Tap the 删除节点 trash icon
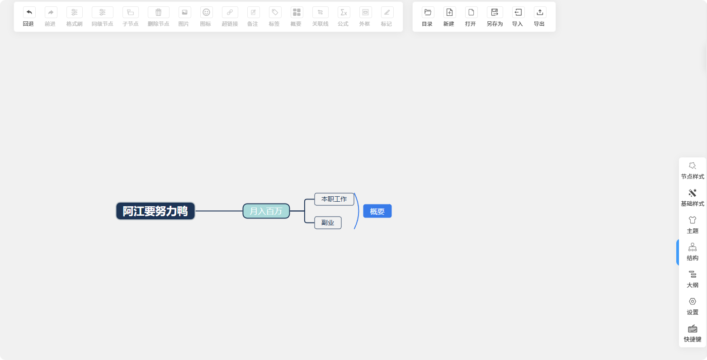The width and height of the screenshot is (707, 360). coord(159,13)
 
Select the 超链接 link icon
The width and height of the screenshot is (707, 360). coord(230,13)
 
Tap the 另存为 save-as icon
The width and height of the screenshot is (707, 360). coord(495,13)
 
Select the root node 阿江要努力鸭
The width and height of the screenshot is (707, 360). coord(156,211)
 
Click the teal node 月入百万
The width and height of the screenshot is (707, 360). coord(266,211)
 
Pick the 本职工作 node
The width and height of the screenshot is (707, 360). coord(334,199)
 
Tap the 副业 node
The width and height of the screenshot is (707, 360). coord(328,223)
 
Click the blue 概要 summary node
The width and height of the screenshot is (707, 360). coord(377,211)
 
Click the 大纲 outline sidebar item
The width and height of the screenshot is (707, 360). coord(693,279)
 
